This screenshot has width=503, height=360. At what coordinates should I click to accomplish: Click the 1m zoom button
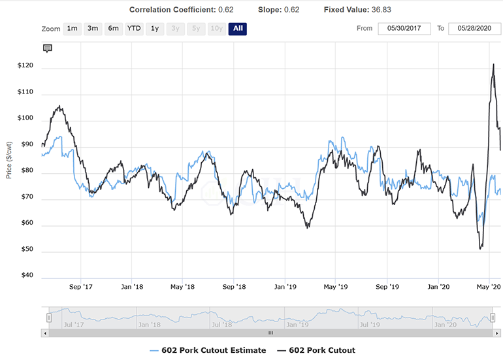(72, 29)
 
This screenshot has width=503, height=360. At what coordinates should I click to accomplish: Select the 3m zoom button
(93, 29)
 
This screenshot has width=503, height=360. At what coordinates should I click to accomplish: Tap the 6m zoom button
(114, 29)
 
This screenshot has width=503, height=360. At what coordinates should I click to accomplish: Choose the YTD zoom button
(134, 29)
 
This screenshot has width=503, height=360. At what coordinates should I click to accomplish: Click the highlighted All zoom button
(237, 29)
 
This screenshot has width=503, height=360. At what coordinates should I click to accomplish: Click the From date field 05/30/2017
(404, 29)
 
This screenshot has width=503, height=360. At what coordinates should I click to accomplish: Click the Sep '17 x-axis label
(81, 287)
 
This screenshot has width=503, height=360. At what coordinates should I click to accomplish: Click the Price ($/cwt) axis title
(9, 160)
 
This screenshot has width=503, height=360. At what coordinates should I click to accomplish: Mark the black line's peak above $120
(493, 64)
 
